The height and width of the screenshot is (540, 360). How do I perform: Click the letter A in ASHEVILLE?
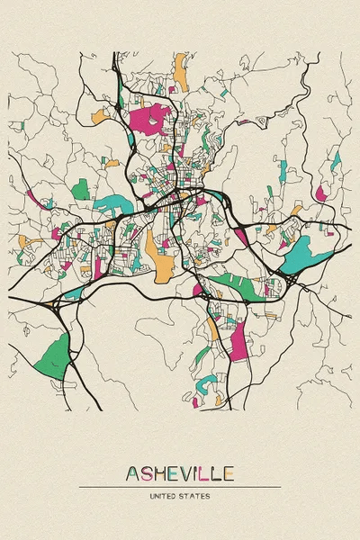pos(133,473)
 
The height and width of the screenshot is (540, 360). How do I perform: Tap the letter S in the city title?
pos(147,473)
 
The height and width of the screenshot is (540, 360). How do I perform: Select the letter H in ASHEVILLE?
pos(160,473)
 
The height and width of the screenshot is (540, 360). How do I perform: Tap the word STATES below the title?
pos(196,496)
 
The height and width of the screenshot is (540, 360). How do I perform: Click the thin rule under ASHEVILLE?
pos(180,487)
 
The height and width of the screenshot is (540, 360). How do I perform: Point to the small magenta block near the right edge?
pos(321,192)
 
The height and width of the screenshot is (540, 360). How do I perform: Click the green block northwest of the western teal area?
pos(81,189)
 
